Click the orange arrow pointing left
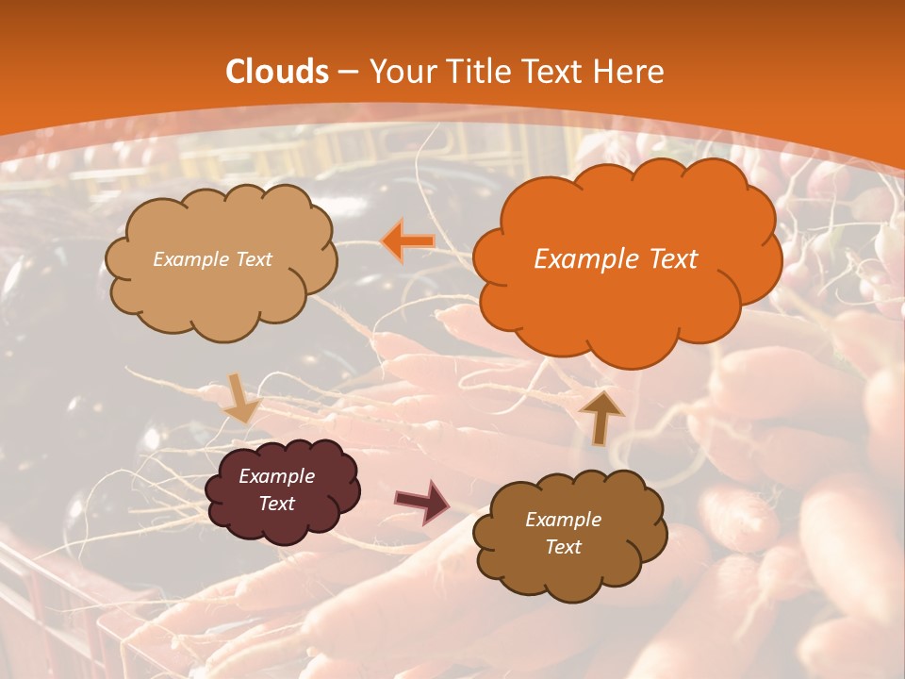click(408, 241)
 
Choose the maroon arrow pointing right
click(423, 501)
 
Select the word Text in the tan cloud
click(254, 259)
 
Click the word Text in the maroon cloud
click(276, 504)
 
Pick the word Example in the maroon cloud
click(276, 476)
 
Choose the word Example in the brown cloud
click(563, 520)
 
